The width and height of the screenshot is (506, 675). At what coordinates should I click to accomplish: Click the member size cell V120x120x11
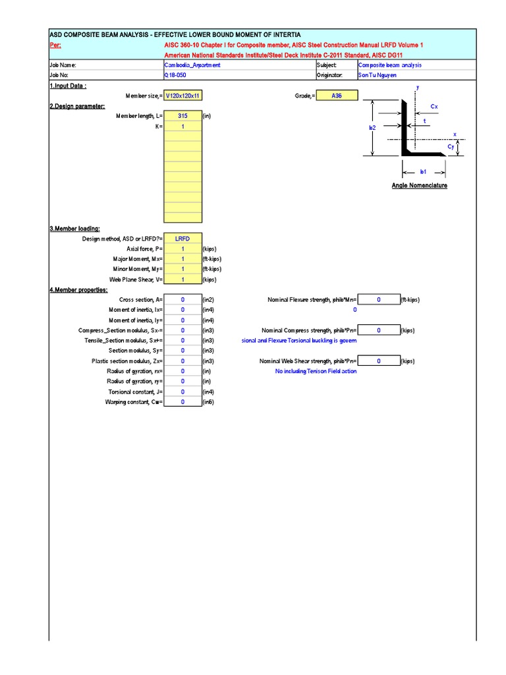click(183, 96)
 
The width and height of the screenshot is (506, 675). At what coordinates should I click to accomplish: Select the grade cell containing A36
click(337, 96)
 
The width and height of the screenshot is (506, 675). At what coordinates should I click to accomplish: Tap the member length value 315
click(183, 115)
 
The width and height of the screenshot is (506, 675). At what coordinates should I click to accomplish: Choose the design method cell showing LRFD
click(183, 239)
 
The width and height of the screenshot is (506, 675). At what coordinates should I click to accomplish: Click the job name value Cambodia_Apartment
click(192, 65)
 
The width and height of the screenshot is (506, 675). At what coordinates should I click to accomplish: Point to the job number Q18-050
click(176, 75)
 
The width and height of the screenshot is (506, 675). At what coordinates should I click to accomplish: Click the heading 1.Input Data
click(68, 86)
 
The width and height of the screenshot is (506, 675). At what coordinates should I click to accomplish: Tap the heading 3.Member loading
click(74, 228)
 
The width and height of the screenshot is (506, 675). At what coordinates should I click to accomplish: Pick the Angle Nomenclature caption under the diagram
click(419, 186)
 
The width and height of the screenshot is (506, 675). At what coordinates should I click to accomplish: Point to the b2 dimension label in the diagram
click(372, 129)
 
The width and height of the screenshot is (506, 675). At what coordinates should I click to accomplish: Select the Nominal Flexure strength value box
click(379, 300)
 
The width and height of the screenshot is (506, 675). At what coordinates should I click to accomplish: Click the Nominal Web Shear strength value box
click(379, 361)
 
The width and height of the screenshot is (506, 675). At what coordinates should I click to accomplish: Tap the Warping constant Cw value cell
click(183, 402)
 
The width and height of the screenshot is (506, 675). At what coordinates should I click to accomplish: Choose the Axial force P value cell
click(183, 249)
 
